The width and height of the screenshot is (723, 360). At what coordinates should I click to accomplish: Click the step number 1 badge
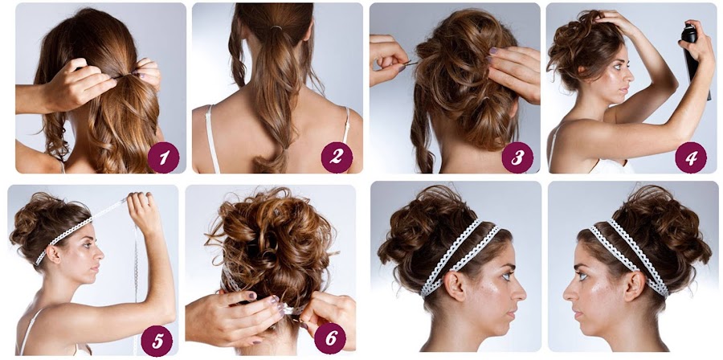[x=164, y=157]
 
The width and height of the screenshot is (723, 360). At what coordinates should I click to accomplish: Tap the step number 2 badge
[x=337, y=157]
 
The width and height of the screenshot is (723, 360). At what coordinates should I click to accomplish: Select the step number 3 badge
[x=517, y=157]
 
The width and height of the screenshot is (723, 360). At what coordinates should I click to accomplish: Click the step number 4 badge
[x=690, y=157]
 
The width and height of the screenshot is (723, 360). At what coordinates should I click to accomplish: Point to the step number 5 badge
[x=157, y=340]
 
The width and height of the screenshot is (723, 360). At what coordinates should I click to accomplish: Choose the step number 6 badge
[x=329, y=340]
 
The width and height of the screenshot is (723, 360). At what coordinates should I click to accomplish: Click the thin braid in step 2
[x=237, y=56]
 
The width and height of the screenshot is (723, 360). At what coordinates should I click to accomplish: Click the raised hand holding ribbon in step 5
[x=145, y=211]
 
